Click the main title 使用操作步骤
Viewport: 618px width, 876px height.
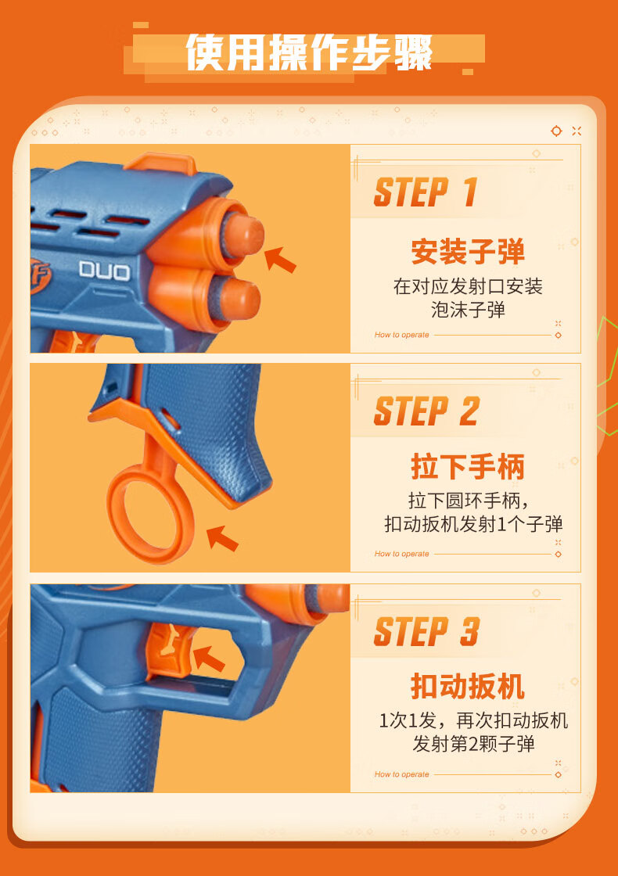pos(309,52)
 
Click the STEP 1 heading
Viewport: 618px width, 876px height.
pos(426,192)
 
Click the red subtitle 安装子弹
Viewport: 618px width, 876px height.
pos(468,251)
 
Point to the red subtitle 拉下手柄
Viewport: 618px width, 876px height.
pos(468,466)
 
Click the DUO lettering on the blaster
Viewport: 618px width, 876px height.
pos(105,271)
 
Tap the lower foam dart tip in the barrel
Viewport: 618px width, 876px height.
pos(239,299)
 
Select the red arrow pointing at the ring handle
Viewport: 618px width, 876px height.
pos(222,537)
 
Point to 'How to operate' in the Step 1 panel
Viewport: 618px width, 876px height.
pos(402,335)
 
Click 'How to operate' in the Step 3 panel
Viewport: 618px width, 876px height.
pos(402,774)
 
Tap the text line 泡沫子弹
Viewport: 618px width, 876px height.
pos(468,310)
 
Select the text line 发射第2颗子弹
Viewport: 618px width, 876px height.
pos(473,744)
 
